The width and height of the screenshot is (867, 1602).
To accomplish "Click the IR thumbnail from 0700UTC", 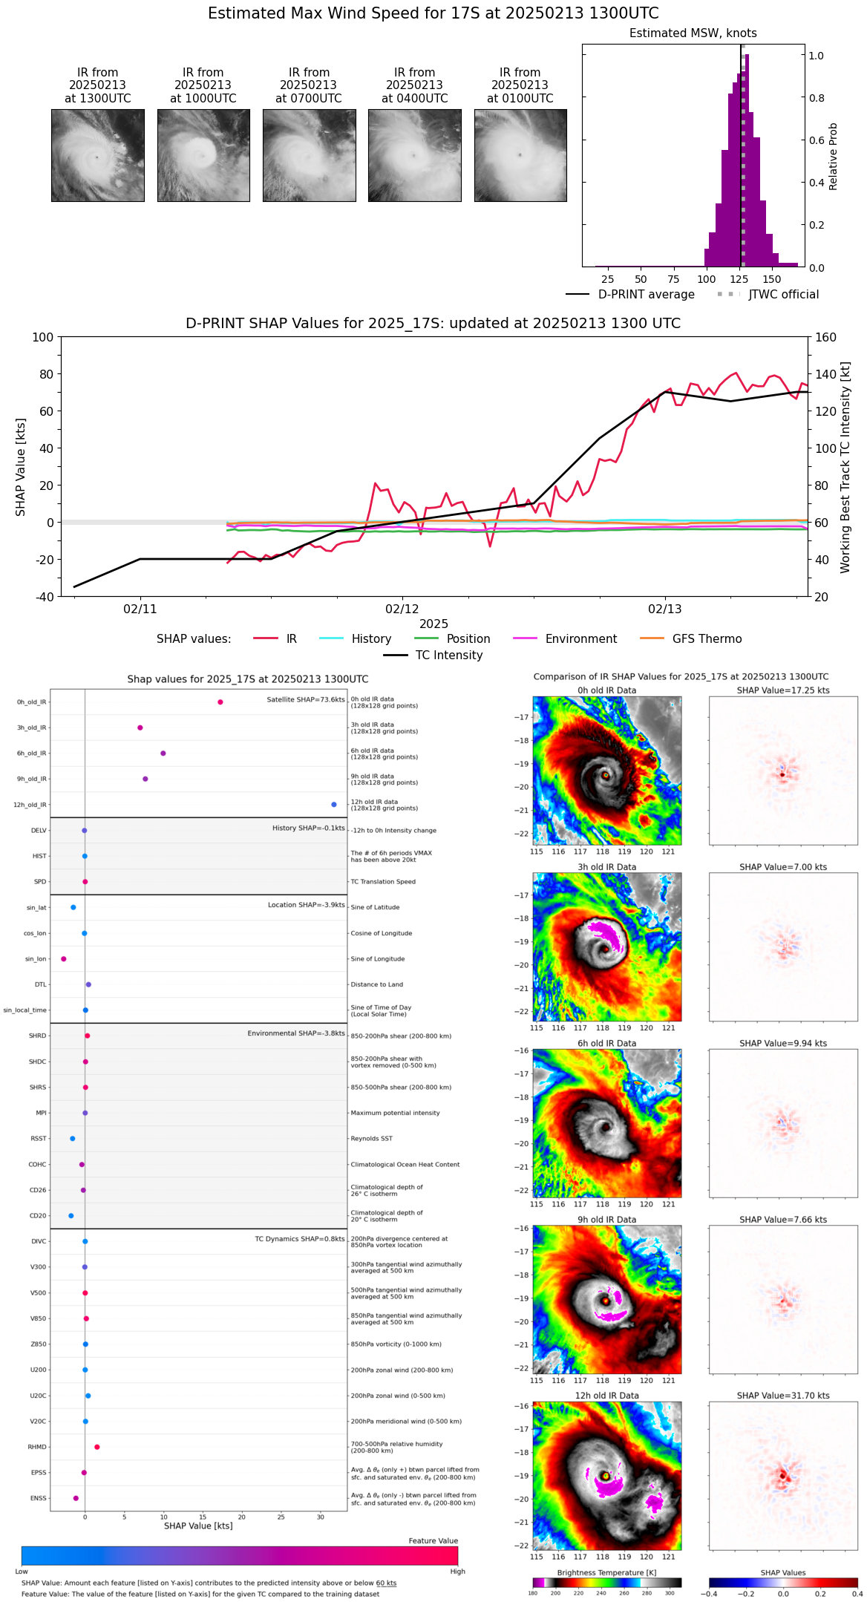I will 309,155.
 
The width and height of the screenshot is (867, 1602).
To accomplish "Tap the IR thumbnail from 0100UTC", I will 520,155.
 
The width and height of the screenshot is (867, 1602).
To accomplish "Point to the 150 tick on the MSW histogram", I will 772,280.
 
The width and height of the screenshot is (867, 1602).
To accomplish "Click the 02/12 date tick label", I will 402,609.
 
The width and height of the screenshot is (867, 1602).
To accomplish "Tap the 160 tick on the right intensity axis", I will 826,338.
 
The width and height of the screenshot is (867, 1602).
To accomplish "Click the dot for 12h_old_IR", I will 334,805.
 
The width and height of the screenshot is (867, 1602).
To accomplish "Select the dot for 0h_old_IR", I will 220,702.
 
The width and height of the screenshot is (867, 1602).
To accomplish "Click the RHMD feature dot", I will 97,1447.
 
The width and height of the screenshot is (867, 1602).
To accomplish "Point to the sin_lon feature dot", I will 64,959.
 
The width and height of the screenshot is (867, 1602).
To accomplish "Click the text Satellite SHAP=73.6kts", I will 306,699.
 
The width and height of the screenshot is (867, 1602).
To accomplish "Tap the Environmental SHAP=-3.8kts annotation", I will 296,1033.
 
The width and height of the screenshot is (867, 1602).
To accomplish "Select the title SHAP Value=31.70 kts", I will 783,1396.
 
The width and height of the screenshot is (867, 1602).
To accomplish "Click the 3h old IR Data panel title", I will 607,867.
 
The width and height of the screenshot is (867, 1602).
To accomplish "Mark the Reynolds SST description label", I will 372,1139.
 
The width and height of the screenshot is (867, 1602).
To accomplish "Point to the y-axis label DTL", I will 40,985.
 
